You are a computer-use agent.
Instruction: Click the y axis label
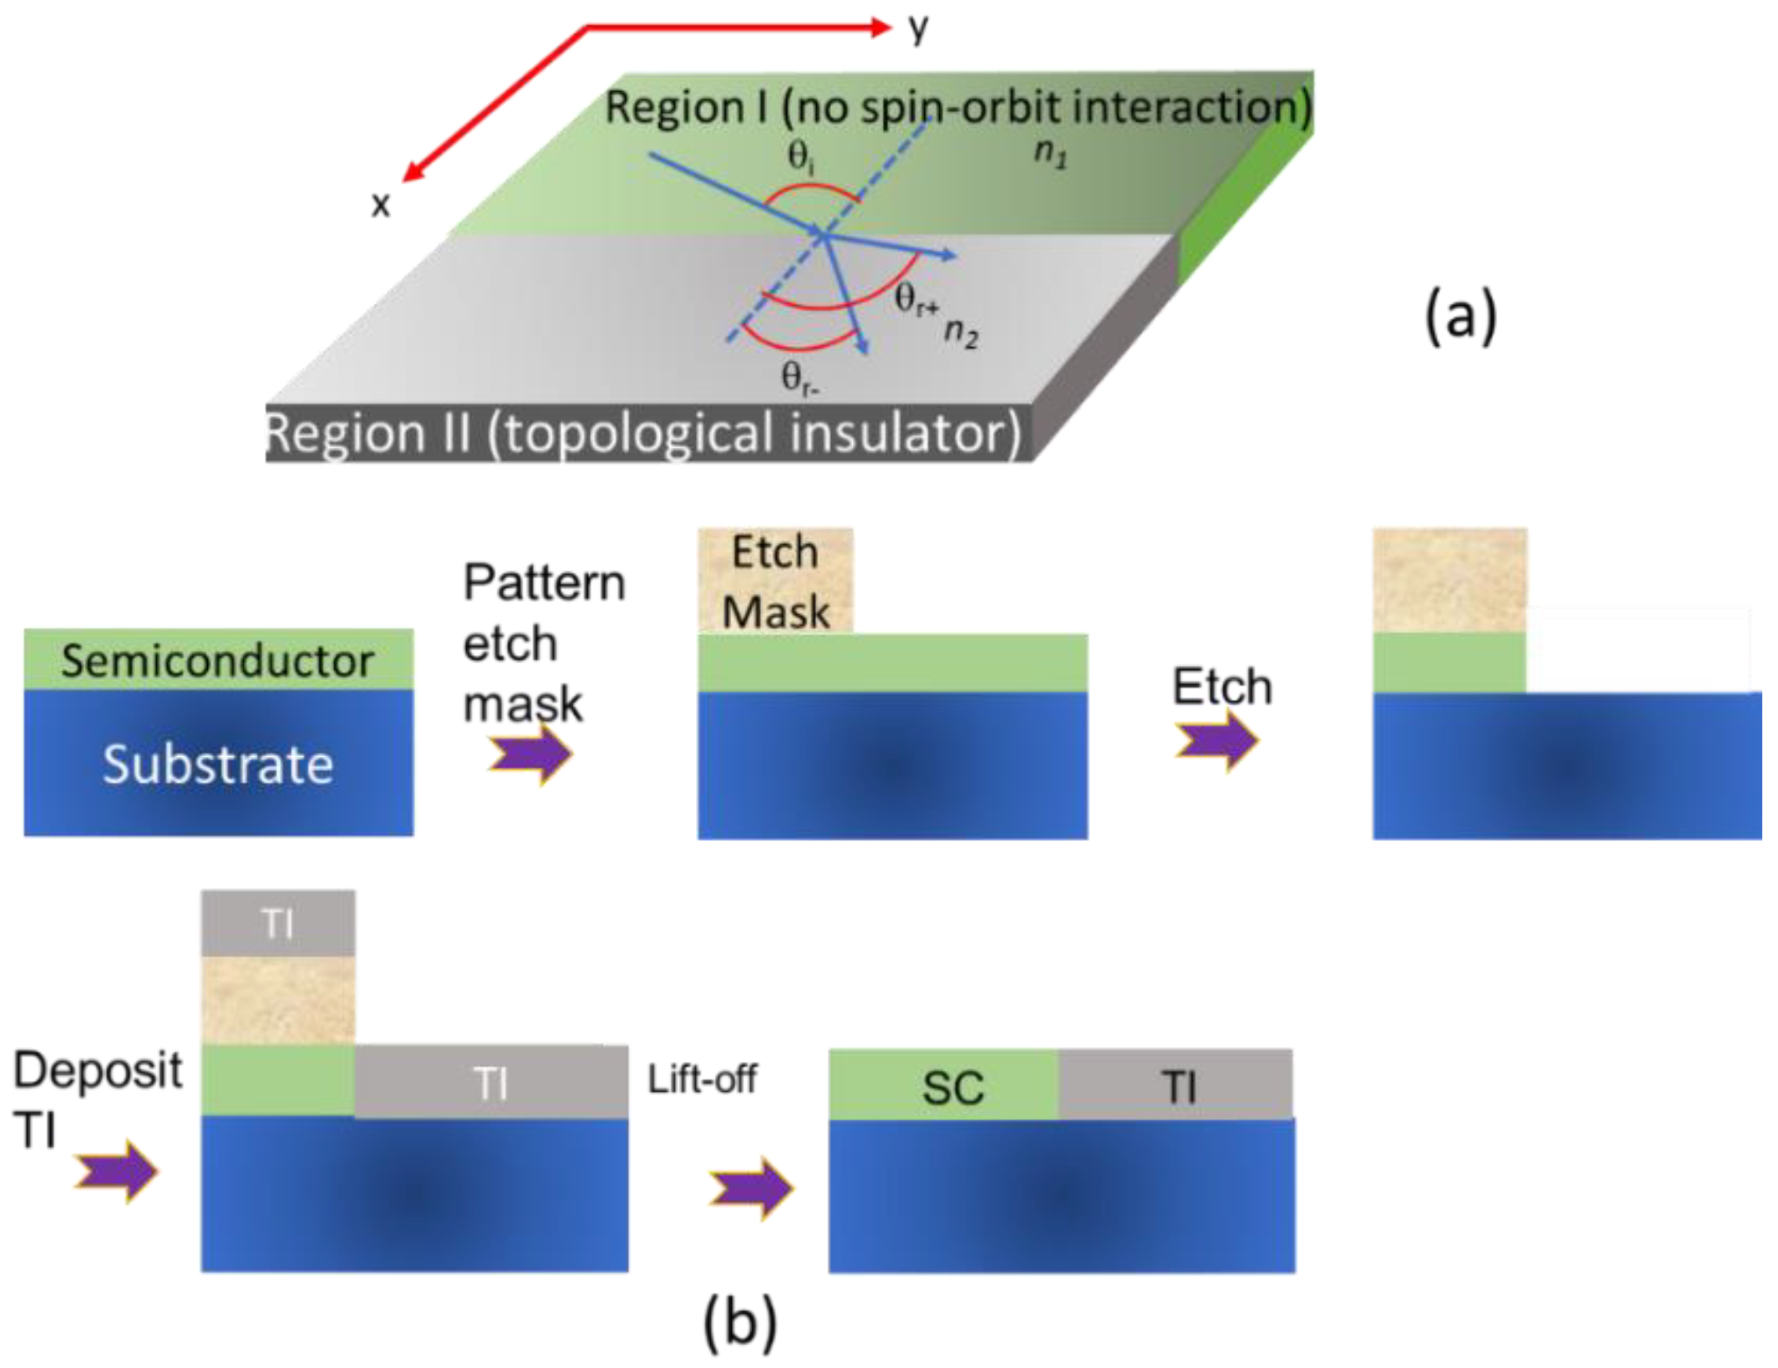tap(918, 29)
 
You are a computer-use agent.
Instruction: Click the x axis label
tap(381, 205)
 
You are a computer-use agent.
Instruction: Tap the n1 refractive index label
tap(1050, 153)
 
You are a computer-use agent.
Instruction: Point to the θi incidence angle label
tap(802, 158)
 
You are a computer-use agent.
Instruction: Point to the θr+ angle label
tap(916, 300)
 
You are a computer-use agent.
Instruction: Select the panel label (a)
tap(1460, 318)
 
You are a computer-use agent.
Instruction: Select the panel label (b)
tap(739, 1323)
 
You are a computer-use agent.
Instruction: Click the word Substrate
tap(217, 765)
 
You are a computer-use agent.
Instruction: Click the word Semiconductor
tap(217, 660)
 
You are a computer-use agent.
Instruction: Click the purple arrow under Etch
tap(1216, 740)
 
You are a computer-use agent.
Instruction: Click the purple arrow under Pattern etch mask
tap(530, 755)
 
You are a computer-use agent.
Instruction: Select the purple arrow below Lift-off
tap(751, 1189)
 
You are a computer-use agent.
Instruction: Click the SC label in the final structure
tap(953, 1088)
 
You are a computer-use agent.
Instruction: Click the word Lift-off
tap(701, 1080)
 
